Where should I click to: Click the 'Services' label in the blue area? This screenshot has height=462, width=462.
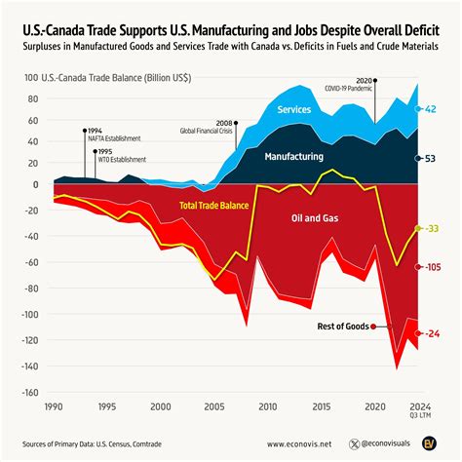(294, 111)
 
